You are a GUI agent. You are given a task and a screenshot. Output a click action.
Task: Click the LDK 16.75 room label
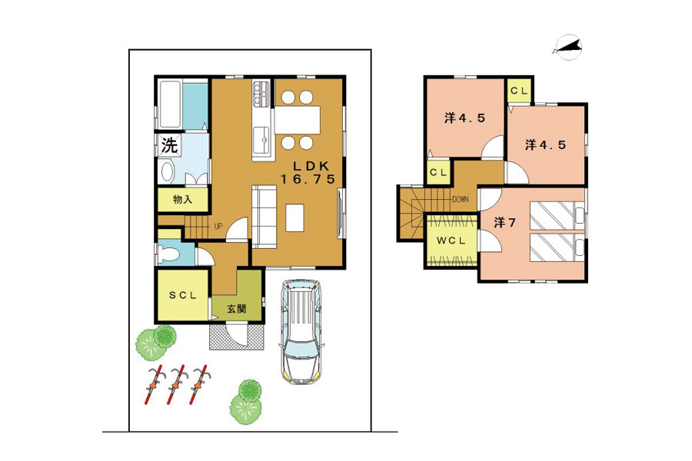(x=309, y=172)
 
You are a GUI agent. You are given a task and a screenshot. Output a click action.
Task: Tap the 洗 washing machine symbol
(x=169, y=144)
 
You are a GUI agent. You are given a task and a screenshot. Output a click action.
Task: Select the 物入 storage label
(x=182, y=200)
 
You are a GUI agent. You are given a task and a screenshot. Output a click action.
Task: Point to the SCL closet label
(x=183, y=296)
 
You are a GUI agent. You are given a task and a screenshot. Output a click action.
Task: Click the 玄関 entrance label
(x=237, y=309)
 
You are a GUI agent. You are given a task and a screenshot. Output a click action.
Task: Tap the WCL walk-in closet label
(x=451, y=240)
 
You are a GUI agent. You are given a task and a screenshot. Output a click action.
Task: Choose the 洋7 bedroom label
(x=504, y=222)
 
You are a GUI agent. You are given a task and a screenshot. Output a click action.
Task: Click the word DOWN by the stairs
(x=461, y=200)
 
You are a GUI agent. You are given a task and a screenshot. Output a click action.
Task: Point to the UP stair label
(x=218, y=227)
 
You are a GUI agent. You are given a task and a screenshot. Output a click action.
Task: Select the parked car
(x=302, y=331)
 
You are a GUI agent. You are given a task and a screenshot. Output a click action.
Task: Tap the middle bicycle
(x=177, y=384)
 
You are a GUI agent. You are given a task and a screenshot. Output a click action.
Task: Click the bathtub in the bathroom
(x=170, y=104)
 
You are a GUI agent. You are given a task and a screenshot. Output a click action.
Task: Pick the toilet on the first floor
(x=169, y=254)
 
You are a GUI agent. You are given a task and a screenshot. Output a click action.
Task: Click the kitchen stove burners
(x=261, y=93)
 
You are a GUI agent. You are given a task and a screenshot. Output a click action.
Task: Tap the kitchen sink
(x=262, y=140)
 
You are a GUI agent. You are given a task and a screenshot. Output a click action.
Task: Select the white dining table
(x=298, y=120)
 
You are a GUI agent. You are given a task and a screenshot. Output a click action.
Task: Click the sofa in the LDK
(x=264, y=216)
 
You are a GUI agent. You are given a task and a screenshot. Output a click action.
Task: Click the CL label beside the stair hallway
(x=437, y=172)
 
